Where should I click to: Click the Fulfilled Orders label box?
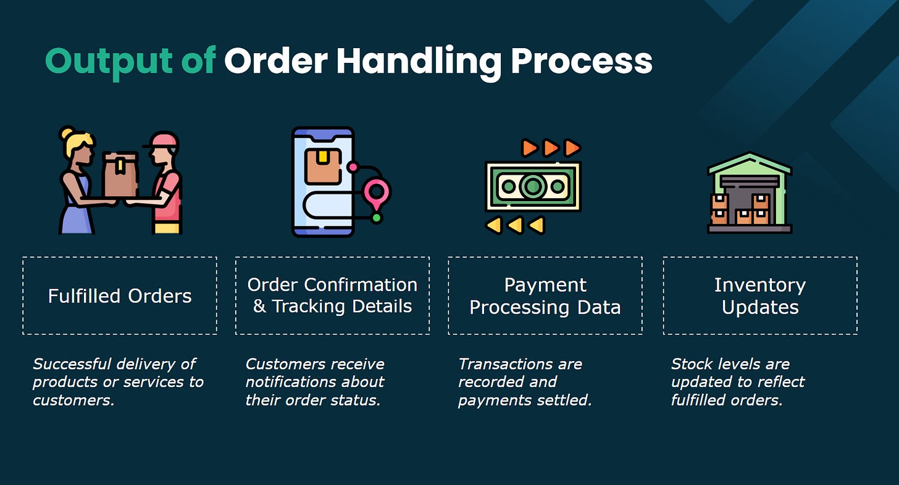click(x=120, y=296)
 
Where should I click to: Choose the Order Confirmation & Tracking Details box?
click(x=332, y=296)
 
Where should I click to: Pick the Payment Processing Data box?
click(x=545, y=296)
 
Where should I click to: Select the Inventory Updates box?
click(x=760, y=296)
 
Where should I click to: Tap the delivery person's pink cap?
click(x=164, y=141)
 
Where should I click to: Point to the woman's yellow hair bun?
click(x=67, y=133)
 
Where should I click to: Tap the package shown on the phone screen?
click(x=323, y=165)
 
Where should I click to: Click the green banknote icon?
click(x=532, y=186)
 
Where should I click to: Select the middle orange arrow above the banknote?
click(x=551, y=147)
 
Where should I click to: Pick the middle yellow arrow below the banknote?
click(x=514, y=225)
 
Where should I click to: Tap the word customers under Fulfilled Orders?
click(x=72, y=400)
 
